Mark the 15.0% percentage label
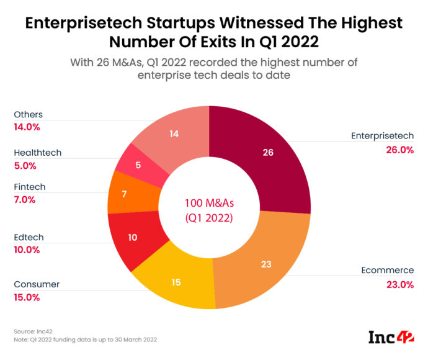point(27,297)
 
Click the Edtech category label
point(28,238)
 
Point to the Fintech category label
point(29,187)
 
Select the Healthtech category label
point(37,153)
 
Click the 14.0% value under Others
point(27,127)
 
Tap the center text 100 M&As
point(209,204)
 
